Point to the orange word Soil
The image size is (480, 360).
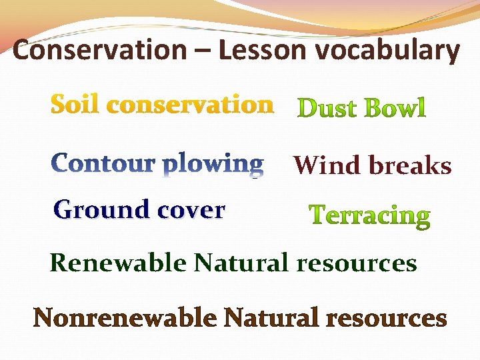click(75, 105)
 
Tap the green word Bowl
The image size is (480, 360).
click(393, 107)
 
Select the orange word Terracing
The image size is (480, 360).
click(370, 215)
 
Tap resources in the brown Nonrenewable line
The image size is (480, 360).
click(386, 319)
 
